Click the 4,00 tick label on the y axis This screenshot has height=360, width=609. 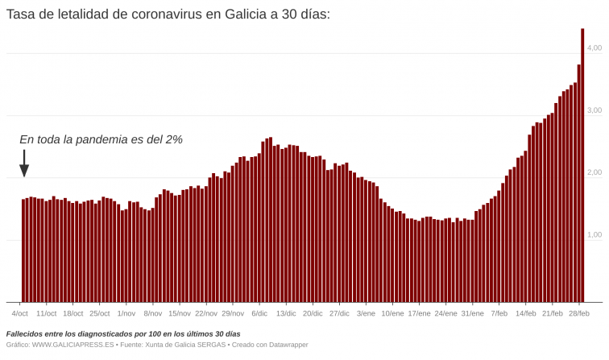(594, 48)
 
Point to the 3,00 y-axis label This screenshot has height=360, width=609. (594, 110)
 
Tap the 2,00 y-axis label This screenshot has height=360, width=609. (594, 172)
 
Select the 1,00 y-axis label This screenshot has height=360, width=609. (594, 234)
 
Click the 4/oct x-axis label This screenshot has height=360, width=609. (20, 313)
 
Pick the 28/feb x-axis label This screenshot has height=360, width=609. (579, 313)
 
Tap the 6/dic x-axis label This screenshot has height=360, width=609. (259, 313)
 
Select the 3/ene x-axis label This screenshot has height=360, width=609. (366, 313)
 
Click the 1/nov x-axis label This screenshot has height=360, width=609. (126, 313)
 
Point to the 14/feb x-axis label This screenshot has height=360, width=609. (526, 313)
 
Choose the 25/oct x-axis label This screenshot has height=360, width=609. (100, 313)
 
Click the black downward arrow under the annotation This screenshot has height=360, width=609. (24, 163)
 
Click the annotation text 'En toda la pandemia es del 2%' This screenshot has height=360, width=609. (101, 139)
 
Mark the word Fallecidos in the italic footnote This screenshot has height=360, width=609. (25, 333)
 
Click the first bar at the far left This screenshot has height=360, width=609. (23, 250)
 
